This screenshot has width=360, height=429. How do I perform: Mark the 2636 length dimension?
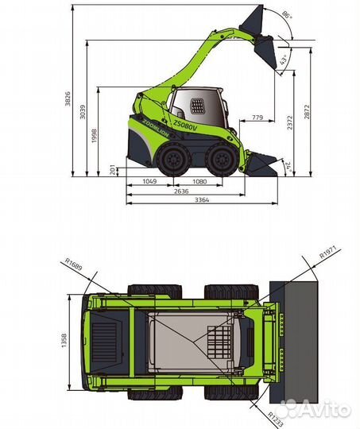click(x=182, y=191)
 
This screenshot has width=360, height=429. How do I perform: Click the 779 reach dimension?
click(x=257, y=118)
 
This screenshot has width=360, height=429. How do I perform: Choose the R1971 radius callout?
click(x=329, y=253)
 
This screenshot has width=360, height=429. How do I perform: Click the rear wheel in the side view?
click(x=173, y=162)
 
